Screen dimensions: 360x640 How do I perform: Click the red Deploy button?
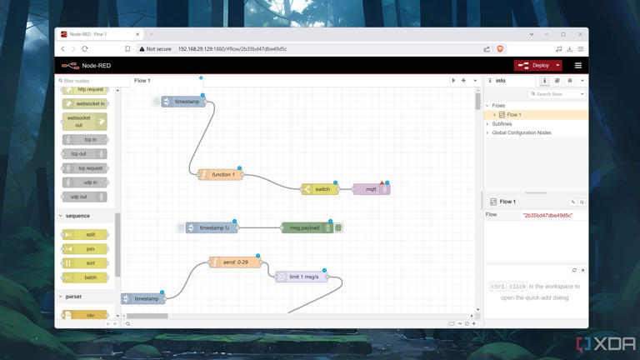pyautogui.click(x=535, y=65)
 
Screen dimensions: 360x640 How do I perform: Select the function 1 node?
pyautogui.click(x=222, y=175)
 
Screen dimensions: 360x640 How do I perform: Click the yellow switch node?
pyautogui.click(x=321, y=189)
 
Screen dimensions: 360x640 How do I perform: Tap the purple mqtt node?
pyautogui.click(x=371, y=189)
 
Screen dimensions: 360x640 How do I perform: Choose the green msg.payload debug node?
pyautogui.click(x=305, y=227)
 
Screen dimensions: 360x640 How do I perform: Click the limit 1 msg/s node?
pyautogui.click(x=302, y=277)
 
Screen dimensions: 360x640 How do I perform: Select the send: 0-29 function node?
pyautogui.click(x=235, y=262)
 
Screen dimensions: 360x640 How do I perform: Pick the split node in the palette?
pyautogui.click(x=85, y=234)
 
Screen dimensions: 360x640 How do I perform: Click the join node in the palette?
pyautogui.click(x=85, y=248)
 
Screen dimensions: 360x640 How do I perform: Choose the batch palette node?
pyautogui.click(x=85, y=277)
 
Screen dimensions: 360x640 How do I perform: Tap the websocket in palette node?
pyautogui.click(x=85, y=104)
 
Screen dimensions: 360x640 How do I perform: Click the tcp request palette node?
pyautogui.click(x=85, y=168)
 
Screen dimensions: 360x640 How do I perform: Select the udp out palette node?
pyautogui.click(x=85, y=197)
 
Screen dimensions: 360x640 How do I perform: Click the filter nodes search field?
pyautogui.click(x=88, y=81)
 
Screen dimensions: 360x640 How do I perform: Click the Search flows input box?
pyautogui.click(x=558, y=94)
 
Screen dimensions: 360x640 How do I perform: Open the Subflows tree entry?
pyautogui.click(x=502, y=123)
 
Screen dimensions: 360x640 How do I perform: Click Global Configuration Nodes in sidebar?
pyautogui.click(x=522, y=132)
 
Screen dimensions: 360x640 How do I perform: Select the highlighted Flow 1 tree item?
pyautogui.click(x=514, y=115)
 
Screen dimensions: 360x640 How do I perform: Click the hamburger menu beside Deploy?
pyautogui.click(x=578, y=65)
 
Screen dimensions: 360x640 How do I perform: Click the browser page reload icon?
pyautogui.click(x=85, y=49)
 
